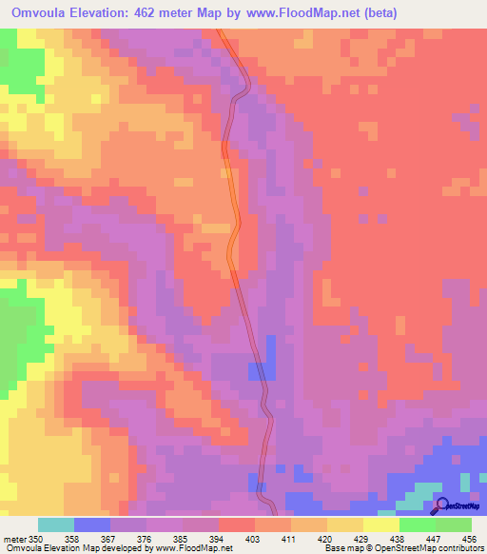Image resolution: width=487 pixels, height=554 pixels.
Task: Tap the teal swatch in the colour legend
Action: click(x=56, y=524)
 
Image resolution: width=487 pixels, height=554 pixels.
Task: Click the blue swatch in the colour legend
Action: click(x=92, y=524)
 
